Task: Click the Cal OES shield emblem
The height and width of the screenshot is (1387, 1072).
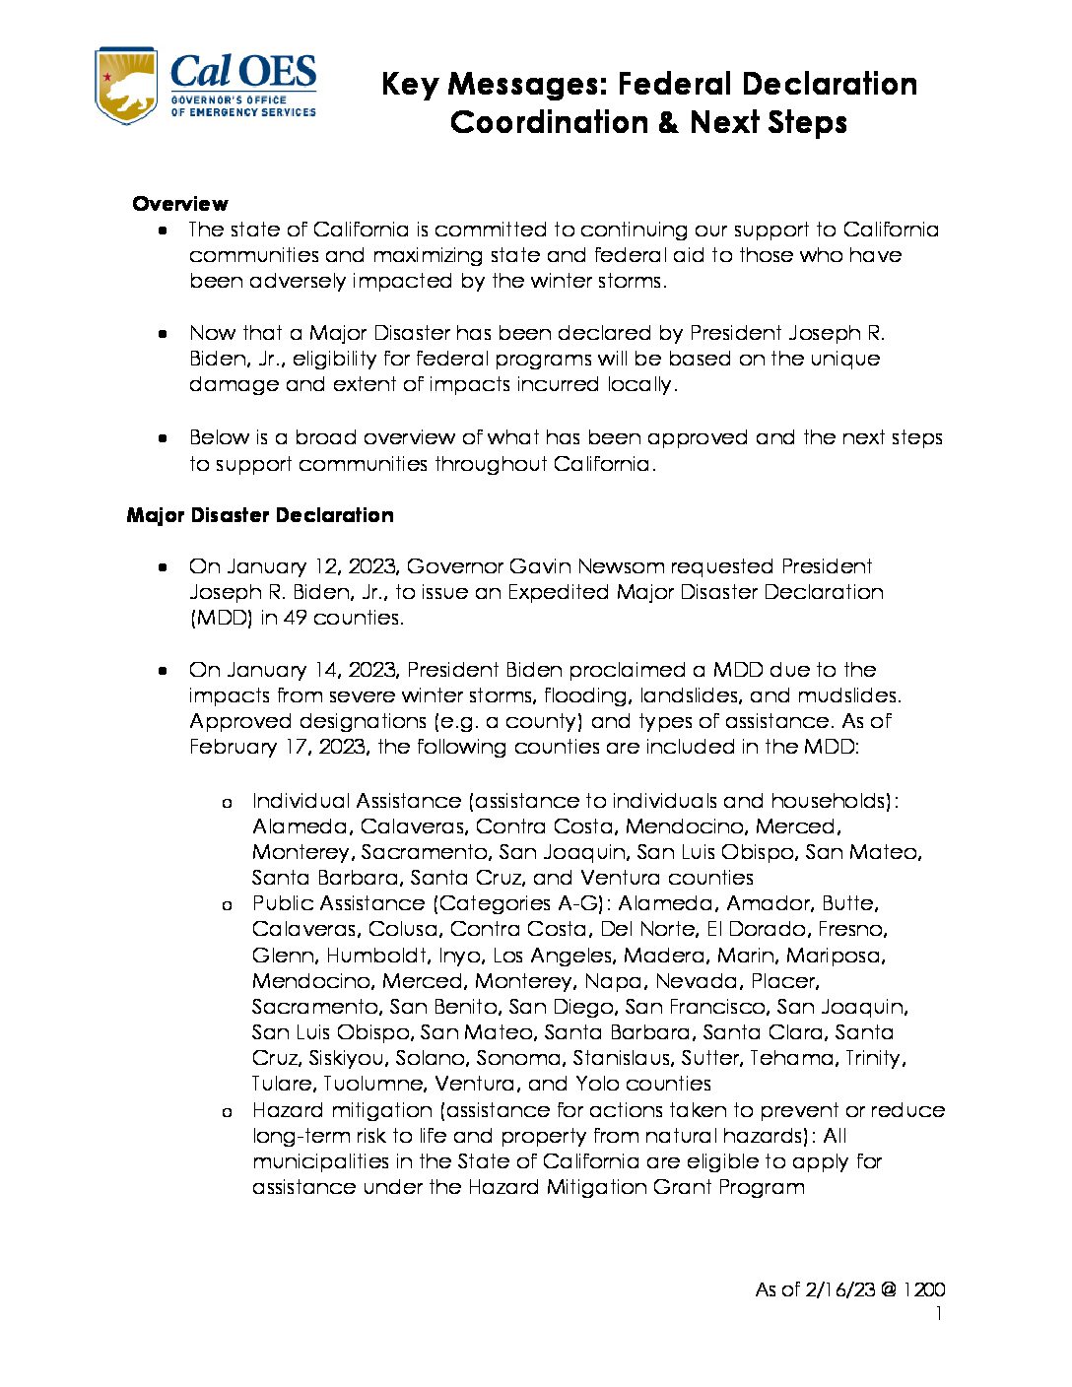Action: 125,86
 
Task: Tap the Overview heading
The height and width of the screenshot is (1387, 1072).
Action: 180,204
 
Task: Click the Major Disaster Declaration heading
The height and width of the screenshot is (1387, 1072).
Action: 260,515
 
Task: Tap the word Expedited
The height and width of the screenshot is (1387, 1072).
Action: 559,592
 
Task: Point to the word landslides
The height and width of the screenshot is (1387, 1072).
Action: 686,695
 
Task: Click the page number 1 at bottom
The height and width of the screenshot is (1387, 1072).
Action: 939,1314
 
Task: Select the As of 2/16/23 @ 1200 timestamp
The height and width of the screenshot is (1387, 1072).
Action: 850,1289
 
